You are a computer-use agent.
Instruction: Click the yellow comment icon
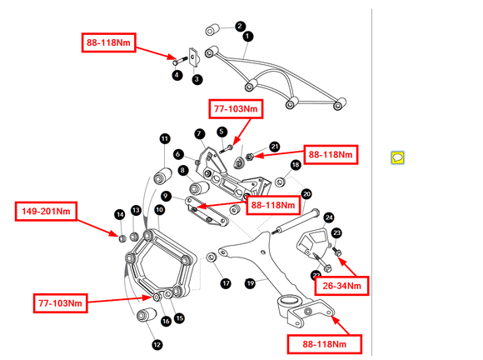(x=397, y=157)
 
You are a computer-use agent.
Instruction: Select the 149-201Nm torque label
(x=46, y=212)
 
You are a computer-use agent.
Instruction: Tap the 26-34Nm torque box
(x=341, y=286)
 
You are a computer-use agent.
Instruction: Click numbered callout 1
(x=247, y=37)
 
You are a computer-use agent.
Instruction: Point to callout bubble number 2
(x=240, y=26)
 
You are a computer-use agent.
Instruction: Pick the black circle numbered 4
(x=177, y=75)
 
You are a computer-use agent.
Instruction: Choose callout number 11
(x=165, y=138)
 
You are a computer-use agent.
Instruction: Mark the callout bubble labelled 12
(x=157, y=345)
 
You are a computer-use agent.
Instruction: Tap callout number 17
(x=226, y=283)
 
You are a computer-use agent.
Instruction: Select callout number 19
(x=250, y=283)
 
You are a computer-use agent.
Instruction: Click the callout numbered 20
(x=306, y=194)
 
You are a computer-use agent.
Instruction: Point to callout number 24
(x=329, y=217)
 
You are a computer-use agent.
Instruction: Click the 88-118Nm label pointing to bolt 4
(x=109, y=42)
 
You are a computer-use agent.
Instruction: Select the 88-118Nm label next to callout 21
(x=331, y=154)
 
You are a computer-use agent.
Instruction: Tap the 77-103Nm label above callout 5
(x=236, y=109)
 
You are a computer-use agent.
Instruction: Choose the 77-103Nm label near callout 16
(x=60, y=303)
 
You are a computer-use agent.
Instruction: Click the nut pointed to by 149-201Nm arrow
(x=122, y=238)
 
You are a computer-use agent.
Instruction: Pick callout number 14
(x=120, y=214)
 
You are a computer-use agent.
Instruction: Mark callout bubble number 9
(x=166, y=196)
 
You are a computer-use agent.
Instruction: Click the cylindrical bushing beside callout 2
(x=212, y=30)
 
